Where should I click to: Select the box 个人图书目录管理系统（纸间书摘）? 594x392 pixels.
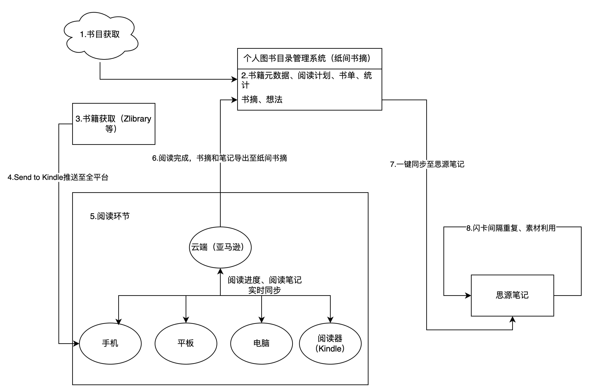point(309,59)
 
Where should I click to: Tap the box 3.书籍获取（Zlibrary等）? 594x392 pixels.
point(114,124)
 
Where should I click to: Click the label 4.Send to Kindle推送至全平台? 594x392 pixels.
point(58,177)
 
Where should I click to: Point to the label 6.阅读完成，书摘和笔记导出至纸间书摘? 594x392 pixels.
point(219,158)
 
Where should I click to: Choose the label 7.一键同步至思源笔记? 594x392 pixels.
point(427,164)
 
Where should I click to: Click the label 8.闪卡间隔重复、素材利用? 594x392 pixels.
point(511,228)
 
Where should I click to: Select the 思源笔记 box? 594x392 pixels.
point(512,295)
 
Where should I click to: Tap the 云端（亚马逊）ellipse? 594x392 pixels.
point(220,247)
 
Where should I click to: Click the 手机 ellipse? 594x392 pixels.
point(110,343)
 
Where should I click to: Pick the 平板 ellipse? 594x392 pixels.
point(186,343)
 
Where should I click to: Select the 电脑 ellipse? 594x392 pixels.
point(261,343)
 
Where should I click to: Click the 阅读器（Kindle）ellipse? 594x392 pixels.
point(330,343)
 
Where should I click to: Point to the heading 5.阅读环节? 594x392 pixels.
point(110,216)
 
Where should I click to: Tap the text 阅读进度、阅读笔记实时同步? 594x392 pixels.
point(265,285)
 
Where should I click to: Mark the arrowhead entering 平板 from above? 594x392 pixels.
point(186,320)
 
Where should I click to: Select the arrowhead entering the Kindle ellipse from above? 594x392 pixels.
point(330,320)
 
